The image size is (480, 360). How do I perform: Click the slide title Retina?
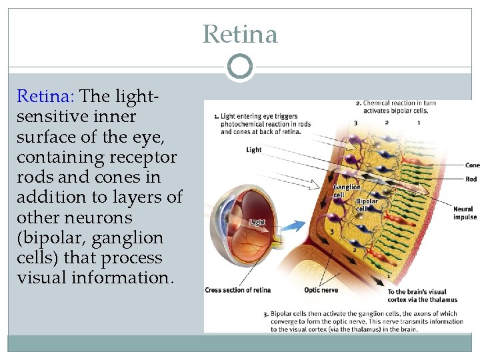pos(240,34)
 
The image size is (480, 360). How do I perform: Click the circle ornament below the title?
pos(240,67)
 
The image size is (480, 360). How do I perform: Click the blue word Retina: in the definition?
pos(46,97)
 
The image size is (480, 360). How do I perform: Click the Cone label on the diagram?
pos(472,165)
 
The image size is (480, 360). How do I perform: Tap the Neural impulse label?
pos(464,213)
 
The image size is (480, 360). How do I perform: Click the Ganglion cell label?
pos(347,191)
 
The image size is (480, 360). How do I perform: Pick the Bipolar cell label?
pos(367,204)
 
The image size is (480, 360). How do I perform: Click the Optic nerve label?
pos(321,290)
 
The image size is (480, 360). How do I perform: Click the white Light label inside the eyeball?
pos(257,222)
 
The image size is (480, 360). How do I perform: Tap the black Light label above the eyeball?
pos(253,150)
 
